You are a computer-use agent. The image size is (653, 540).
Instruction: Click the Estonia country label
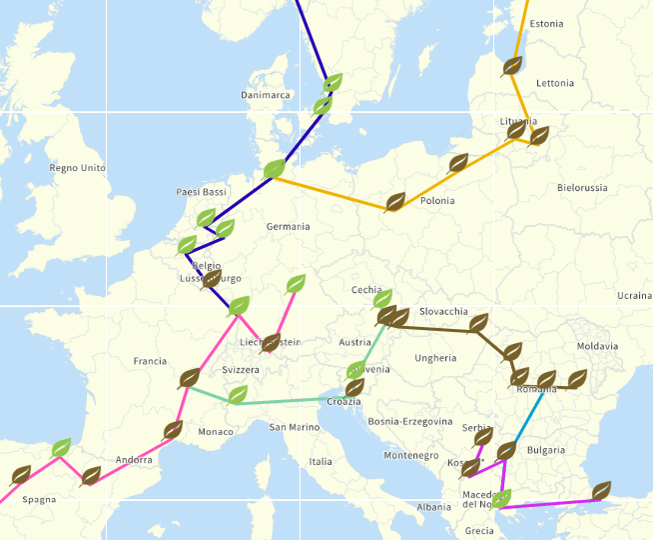(x=546, y=24)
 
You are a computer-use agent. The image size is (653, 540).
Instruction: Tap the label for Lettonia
(x=555, y=83)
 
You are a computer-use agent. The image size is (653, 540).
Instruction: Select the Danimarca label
(x=266, y=95)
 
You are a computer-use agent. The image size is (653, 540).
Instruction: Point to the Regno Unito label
(x=77, y=167)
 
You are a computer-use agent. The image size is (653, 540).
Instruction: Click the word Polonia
(x=437, y=201)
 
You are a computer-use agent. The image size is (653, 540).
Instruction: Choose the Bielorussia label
(x=582, y=188)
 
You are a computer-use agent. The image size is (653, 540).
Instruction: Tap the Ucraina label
(x=633, y=296)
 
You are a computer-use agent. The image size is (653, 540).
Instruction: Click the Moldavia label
(x=597, y=346)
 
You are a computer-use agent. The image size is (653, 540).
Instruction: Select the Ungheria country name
(x=435, y=358)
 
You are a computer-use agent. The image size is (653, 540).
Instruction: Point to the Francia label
(x=150, y=361)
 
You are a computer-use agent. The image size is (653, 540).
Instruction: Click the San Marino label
(x=295, y=427)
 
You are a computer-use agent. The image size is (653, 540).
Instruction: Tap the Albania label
(x=433, y=507)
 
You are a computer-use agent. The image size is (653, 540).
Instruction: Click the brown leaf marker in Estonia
(x=512, y=66)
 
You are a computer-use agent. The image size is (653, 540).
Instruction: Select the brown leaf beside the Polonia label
(x=395, y=203)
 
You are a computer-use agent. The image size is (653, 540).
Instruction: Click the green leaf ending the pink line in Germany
(x=296, y=284)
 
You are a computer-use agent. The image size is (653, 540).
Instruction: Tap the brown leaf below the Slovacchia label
(x=479, y=323)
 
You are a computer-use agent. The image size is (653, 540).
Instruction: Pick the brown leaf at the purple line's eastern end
(x=601, y=490)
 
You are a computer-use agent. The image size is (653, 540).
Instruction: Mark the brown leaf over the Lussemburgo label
(x=211, y=278)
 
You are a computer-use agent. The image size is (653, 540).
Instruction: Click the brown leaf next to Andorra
(x=174, y=431)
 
